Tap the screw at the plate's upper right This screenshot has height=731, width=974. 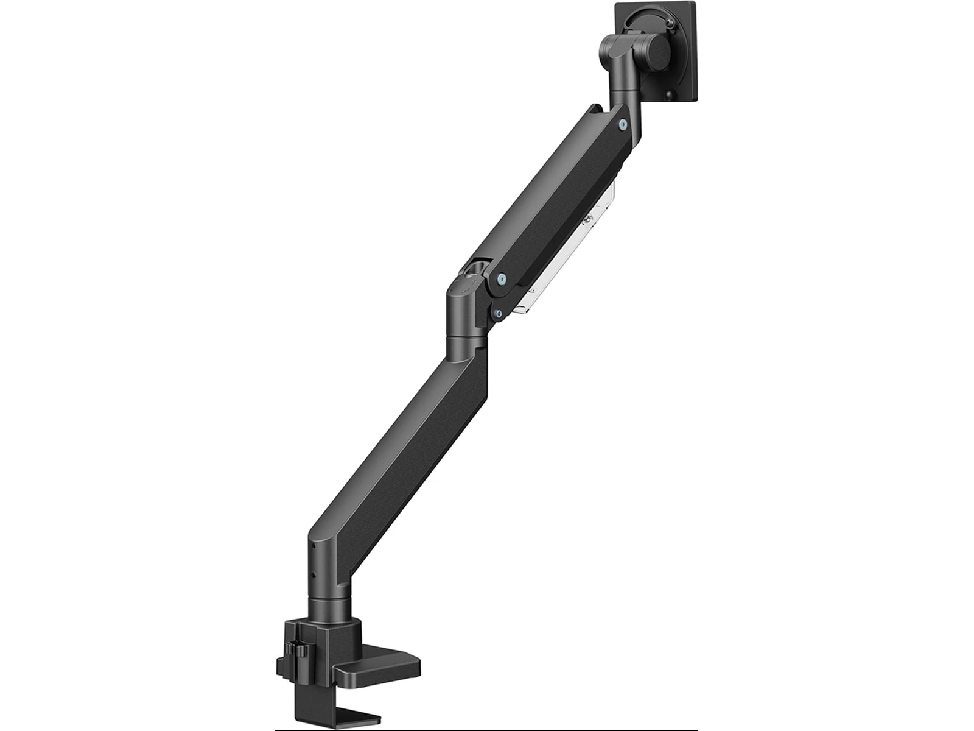point(671,23)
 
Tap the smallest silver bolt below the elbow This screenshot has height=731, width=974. point(499,314)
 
